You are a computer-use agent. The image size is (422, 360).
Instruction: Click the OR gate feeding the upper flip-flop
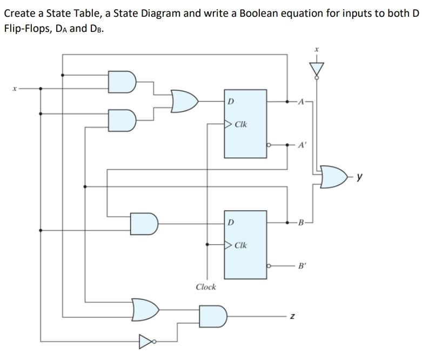(x=184, y=101)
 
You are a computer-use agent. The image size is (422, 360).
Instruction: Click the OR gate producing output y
(x=333, y=177)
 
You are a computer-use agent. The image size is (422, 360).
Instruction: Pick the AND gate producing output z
(x=214, y=315)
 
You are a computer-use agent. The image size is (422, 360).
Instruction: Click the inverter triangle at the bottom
(x=146, y=342)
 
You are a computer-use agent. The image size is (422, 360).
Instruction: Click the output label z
(x=292, y=315)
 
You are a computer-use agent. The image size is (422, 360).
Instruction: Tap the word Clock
(x=205, y=287)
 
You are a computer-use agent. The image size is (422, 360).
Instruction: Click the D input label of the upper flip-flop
(x=231, y=101)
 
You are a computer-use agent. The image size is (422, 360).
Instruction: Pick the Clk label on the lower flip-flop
(x=241, y=245)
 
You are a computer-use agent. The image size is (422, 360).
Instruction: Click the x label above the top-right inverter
(x=318, y=50)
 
